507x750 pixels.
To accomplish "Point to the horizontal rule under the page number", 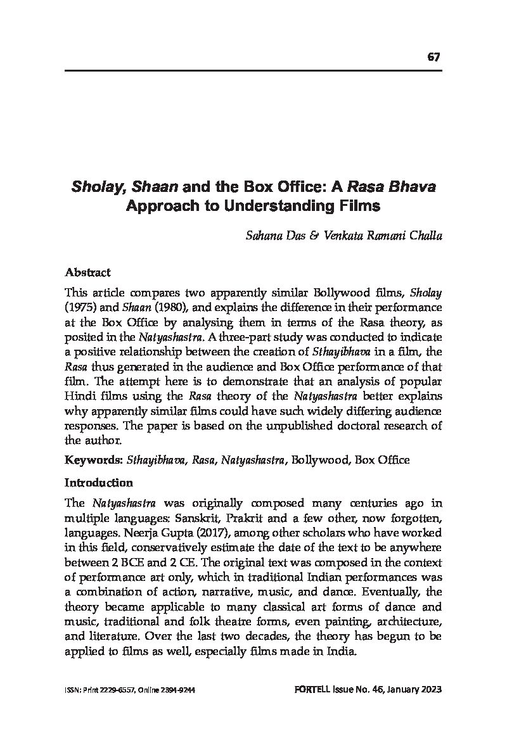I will pos(253,71).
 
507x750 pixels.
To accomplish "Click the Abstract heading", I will pos(87,272).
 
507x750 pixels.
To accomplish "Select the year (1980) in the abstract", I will pos(170,307).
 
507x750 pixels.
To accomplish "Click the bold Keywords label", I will pos(93,460).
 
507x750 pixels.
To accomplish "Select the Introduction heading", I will pos(98,483).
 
